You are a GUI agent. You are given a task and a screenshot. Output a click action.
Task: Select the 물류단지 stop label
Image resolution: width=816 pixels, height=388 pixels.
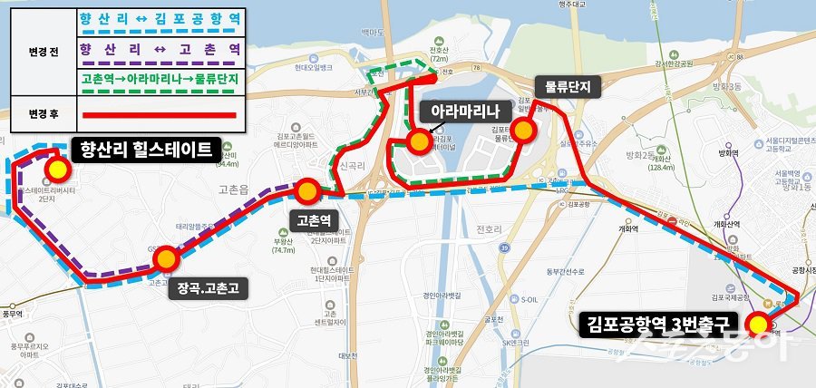tap(568, 88)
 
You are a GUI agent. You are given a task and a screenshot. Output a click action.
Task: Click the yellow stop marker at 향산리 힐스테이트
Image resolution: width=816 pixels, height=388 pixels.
tap(59, 169)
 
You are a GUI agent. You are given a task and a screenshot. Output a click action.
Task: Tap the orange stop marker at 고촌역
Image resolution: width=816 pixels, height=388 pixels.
tap(307, 190)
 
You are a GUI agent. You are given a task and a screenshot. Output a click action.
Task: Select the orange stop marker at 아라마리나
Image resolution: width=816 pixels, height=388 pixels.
tap(419, 141)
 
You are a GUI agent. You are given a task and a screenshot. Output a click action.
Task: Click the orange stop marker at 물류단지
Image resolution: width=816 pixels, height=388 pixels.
tap(523, 131)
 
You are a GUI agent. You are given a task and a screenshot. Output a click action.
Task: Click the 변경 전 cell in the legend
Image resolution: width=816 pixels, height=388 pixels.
tap(43, 52)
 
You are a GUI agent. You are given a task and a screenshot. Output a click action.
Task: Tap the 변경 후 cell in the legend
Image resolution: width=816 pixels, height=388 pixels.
tap(43, 115)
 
